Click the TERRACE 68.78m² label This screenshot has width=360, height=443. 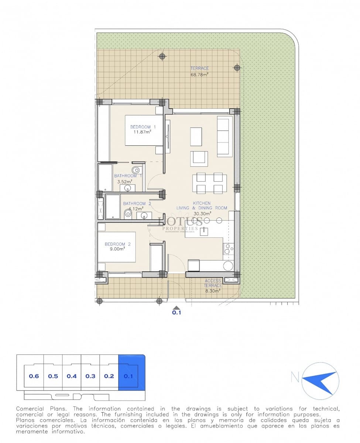[x=199, y=71]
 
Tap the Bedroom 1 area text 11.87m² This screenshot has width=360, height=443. [x=140, y=132]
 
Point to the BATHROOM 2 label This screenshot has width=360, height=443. [x=137, y=203]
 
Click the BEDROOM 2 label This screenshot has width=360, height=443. [x=117, y=244]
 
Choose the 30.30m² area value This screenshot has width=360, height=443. [x=202, y=213]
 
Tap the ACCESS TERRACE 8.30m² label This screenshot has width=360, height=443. [x=213, y=285]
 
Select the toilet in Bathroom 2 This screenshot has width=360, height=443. [x=128, y=214]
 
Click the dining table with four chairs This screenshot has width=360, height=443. [x=209, y=183]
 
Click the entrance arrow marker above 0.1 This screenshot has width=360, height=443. [x=177, y=307]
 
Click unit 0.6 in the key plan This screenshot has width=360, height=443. [x=34, y=376]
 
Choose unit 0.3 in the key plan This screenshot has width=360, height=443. [x=90, y=376]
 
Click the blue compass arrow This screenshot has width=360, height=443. [x=320, y=379]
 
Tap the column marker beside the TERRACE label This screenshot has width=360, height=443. [x=237, y=68]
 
